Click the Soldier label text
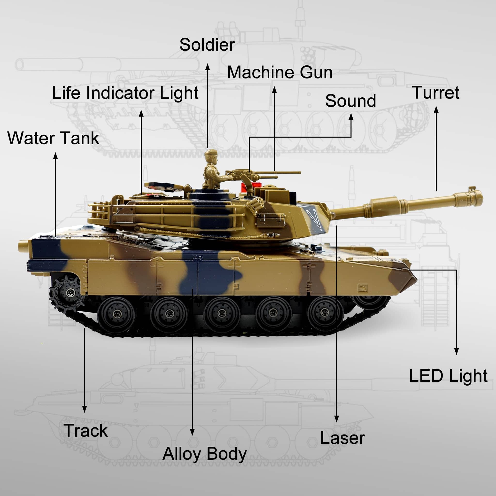207,45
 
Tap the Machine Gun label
280,72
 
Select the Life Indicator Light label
125,93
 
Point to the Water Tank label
53,138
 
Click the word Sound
350,101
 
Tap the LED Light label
448,376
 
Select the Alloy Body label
205,454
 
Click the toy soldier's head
211,156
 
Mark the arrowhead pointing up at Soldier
208,67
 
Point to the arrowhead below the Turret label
436,110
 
